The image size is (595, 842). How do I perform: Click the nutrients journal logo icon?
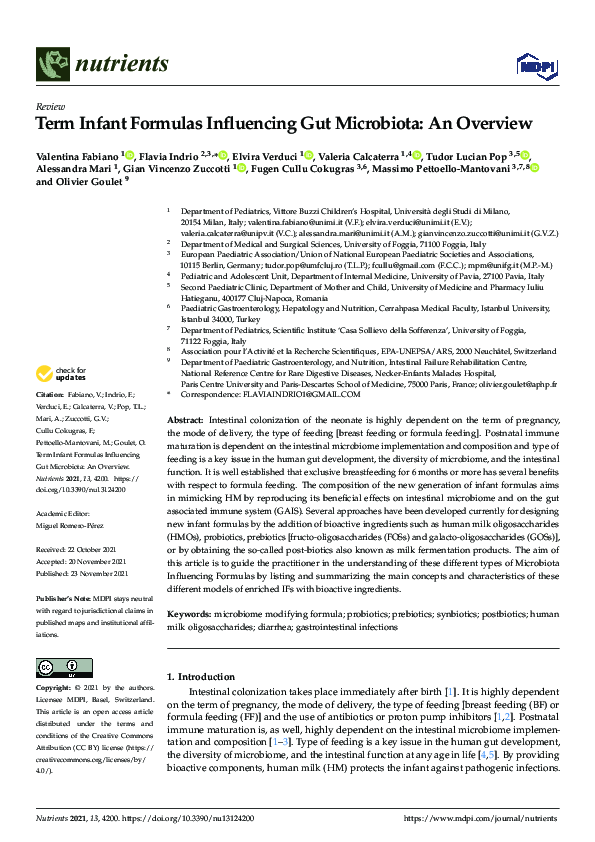[x=52, y=65]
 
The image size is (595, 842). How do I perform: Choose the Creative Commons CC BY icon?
[x=58, y=667]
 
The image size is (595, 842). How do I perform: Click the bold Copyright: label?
[x=54, y=688]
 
